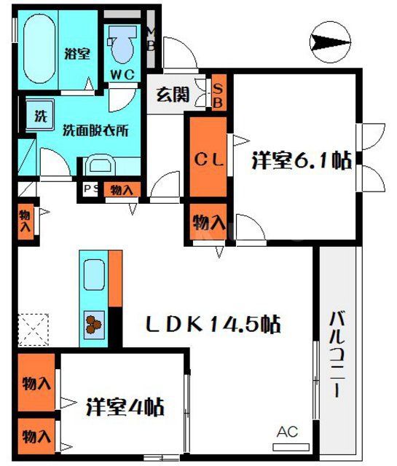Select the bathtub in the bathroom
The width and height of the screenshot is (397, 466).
coord(36,51)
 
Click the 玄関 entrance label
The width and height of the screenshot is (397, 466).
coord(173,94)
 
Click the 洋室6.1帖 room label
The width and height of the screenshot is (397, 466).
coord(301,160)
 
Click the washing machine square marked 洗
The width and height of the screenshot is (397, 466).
coord(41,115)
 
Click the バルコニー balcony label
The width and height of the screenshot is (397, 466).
coord(337,354)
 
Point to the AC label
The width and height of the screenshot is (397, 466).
coord(287,433)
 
